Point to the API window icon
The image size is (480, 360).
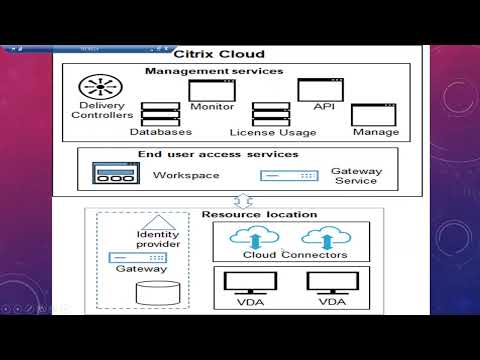[x=320, y=88]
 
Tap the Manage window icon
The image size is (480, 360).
[x=375, y=114]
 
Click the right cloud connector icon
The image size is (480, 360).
[x=321, y=237]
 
